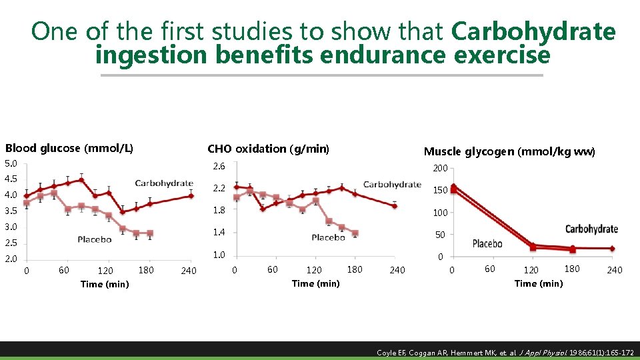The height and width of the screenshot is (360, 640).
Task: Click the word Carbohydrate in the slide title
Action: [533, 31]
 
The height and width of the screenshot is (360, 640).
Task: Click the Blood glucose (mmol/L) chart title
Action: [69, 148]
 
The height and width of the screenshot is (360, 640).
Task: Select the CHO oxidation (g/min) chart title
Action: [268, 149]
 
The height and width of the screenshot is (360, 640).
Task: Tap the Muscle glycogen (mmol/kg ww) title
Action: [509, 152]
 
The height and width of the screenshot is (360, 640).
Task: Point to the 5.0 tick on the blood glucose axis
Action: [11, 163]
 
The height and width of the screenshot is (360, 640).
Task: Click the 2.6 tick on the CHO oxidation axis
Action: [219, 166]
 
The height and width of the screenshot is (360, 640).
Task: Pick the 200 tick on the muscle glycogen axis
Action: [440, 169]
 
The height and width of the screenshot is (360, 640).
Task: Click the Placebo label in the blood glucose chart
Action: [94, 239]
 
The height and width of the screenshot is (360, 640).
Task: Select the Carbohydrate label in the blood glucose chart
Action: [163, 183]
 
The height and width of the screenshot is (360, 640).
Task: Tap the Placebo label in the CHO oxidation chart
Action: [328, 237]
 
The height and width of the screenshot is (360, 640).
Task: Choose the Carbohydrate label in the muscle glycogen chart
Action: [591, 229]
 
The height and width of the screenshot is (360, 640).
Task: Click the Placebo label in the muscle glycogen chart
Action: [487, 244]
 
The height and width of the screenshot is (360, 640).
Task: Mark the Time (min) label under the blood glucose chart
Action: [105, 285]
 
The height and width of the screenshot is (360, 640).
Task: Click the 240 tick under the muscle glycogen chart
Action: [614, 270]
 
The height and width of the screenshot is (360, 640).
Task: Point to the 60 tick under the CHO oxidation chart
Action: [273, 269]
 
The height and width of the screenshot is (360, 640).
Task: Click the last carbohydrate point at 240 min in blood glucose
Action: [191, 196]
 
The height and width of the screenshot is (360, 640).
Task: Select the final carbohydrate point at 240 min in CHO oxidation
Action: [395, 206]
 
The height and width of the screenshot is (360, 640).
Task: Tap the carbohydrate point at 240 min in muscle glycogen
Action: [612, 249]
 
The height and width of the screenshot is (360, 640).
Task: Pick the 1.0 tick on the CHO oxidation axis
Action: [219, 255]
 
